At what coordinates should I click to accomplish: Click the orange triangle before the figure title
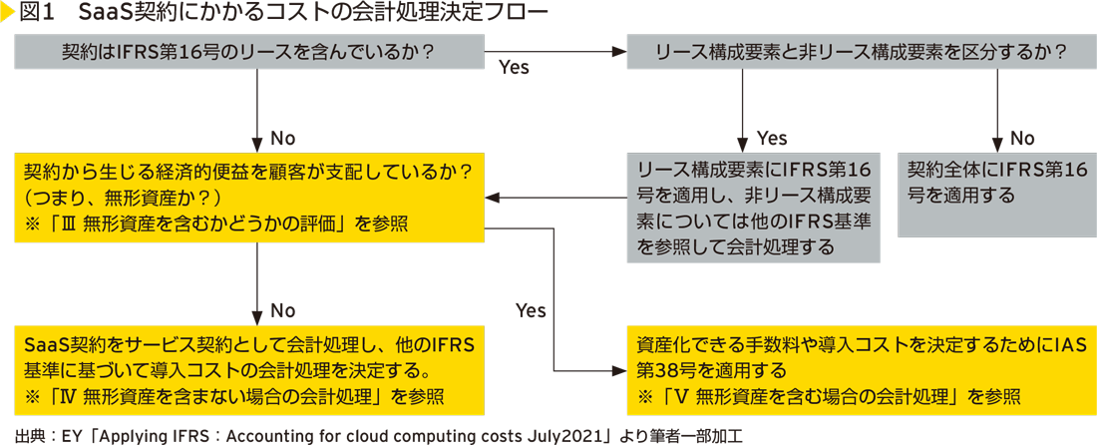(8, 15)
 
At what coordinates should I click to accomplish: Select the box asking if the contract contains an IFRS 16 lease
(248, 53)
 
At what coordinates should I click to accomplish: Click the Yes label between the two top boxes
(513, 68)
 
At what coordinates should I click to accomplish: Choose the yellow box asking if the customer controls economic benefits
(248, 196)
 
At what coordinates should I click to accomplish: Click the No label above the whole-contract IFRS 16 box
(1023, 138)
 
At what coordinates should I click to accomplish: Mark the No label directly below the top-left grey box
(283, 138)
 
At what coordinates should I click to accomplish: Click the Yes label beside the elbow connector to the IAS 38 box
(531, 310)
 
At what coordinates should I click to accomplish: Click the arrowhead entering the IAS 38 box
(620, 371)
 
